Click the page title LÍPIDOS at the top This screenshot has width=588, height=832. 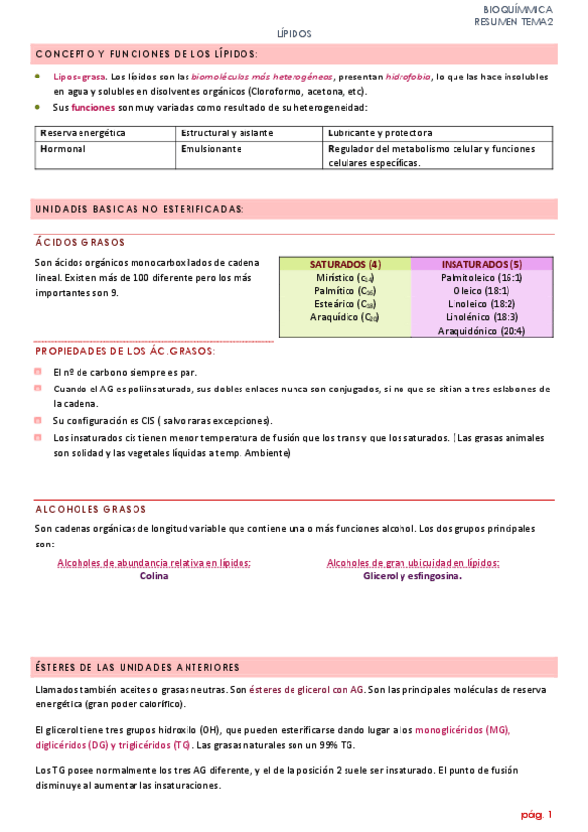pos(294,33)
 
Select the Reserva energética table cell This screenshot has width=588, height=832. pos(83,132)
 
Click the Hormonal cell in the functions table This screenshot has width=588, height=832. pos(64,149)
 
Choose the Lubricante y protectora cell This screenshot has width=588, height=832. pos(381,132)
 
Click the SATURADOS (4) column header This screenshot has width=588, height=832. pos(345,264)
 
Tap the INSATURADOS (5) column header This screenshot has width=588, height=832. pos(481,264)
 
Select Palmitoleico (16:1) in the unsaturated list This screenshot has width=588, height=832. pos(481,278)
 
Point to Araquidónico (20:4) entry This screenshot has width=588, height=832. pos(481,331)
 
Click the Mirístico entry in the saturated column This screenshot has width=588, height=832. pos(344,278)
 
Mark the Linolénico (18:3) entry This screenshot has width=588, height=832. pos(481,317)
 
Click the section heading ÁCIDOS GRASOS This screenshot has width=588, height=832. pos(80,242)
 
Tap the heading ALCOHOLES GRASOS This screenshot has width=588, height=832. pos(90,509)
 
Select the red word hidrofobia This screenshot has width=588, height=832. pos(406,76)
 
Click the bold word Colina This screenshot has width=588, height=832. pos(154,576)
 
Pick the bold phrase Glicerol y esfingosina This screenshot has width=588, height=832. pos(412,576)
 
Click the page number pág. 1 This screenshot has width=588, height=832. pos(536,815)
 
